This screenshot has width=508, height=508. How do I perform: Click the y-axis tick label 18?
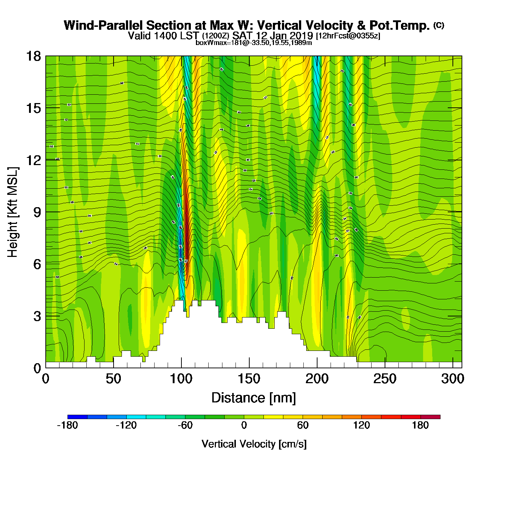(33, 56)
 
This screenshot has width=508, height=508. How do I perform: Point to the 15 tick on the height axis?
(33, 108)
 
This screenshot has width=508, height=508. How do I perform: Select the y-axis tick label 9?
(37, 212)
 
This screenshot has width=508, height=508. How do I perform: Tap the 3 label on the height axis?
(37, 316)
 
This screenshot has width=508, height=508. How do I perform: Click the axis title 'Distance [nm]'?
(254, 398)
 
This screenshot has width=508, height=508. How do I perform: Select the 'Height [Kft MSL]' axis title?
(13, 212)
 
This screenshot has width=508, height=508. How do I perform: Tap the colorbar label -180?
(67, 425)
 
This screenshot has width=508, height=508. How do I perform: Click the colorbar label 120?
(361, 425)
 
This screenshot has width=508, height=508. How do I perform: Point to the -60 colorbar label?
(185, 425)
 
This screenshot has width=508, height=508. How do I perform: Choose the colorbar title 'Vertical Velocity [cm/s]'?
(254, 444)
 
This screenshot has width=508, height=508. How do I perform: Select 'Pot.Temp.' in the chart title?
(400, 25)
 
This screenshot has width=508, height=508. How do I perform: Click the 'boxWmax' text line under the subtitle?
(254, 42)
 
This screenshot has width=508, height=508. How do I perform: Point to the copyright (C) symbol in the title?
(439, 25)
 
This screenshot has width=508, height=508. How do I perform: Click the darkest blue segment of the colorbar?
(77, 417)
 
